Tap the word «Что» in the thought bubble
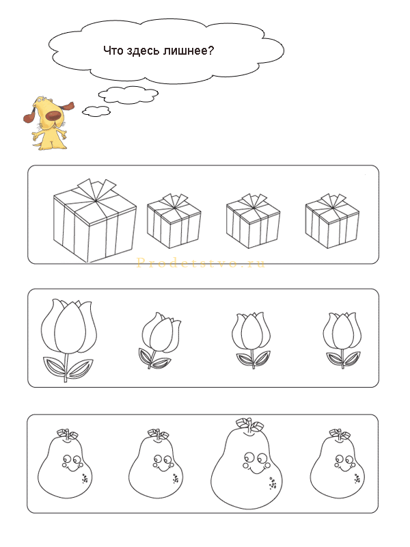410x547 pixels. [x=113, y=51]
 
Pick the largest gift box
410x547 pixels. [x=95, y=220]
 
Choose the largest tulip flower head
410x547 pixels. [x=69, y=326]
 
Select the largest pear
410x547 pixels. [x=247, y=464]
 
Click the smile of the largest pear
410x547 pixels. [x=256, y=470]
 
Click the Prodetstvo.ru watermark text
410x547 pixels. [x=200, y=263]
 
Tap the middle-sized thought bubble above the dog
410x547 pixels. [x=128, y=94]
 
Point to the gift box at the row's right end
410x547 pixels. [x=332, y=221]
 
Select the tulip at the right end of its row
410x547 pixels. [x=341, y=340]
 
